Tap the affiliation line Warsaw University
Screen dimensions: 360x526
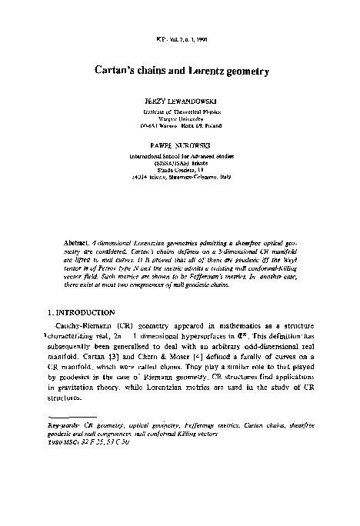click(x=178, y=119)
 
